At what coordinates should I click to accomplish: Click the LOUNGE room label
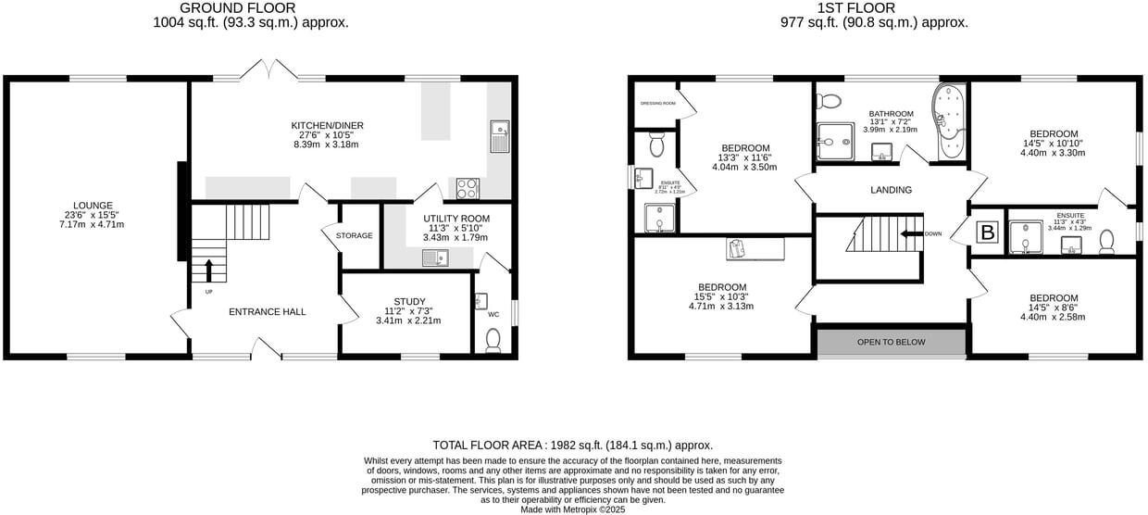(93, 206)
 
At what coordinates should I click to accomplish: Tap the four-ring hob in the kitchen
(468, 188)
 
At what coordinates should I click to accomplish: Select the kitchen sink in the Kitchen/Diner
(499, 137)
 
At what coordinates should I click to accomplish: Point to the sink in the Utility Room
(435, 257)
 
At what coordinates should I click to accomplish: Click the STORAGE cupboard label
(355, 236)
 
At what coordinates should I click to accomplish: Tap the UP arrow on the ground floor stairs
(208, 270)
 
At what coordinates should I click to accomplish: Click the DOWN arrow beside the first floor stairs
(911, 233)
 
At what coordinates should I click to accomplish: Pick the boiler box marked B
(988, 233)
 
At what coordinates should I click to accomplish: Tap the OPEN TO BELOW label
(891, 342)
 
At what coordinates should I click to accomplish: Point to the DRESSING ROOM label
(657, 103)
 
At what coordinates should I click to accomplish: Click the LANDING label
(892, 190)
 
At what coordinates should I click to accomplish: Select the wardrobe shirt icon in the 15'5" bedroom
(737, 248)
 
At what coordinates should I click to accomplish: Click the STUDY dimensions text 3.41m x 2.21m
(408, 320)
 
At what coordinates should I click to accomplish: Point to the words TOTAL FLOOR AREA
(490, 445)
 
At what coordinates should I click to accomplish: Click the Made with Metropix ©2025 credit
(573, 509)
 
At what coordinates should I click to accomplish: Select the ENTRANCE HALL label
(267, 312)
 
